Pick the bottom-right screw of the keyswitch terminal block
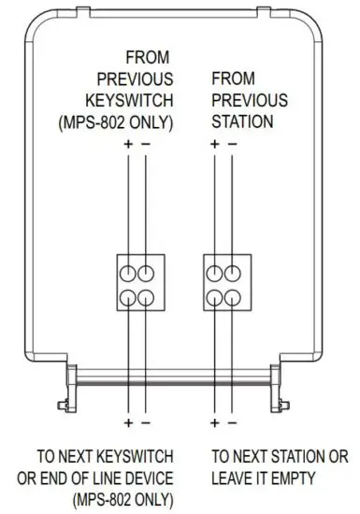pos(145,296)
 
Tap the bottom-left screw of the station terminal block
pos(215,296)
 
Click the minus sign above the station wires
pos(232,143)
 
